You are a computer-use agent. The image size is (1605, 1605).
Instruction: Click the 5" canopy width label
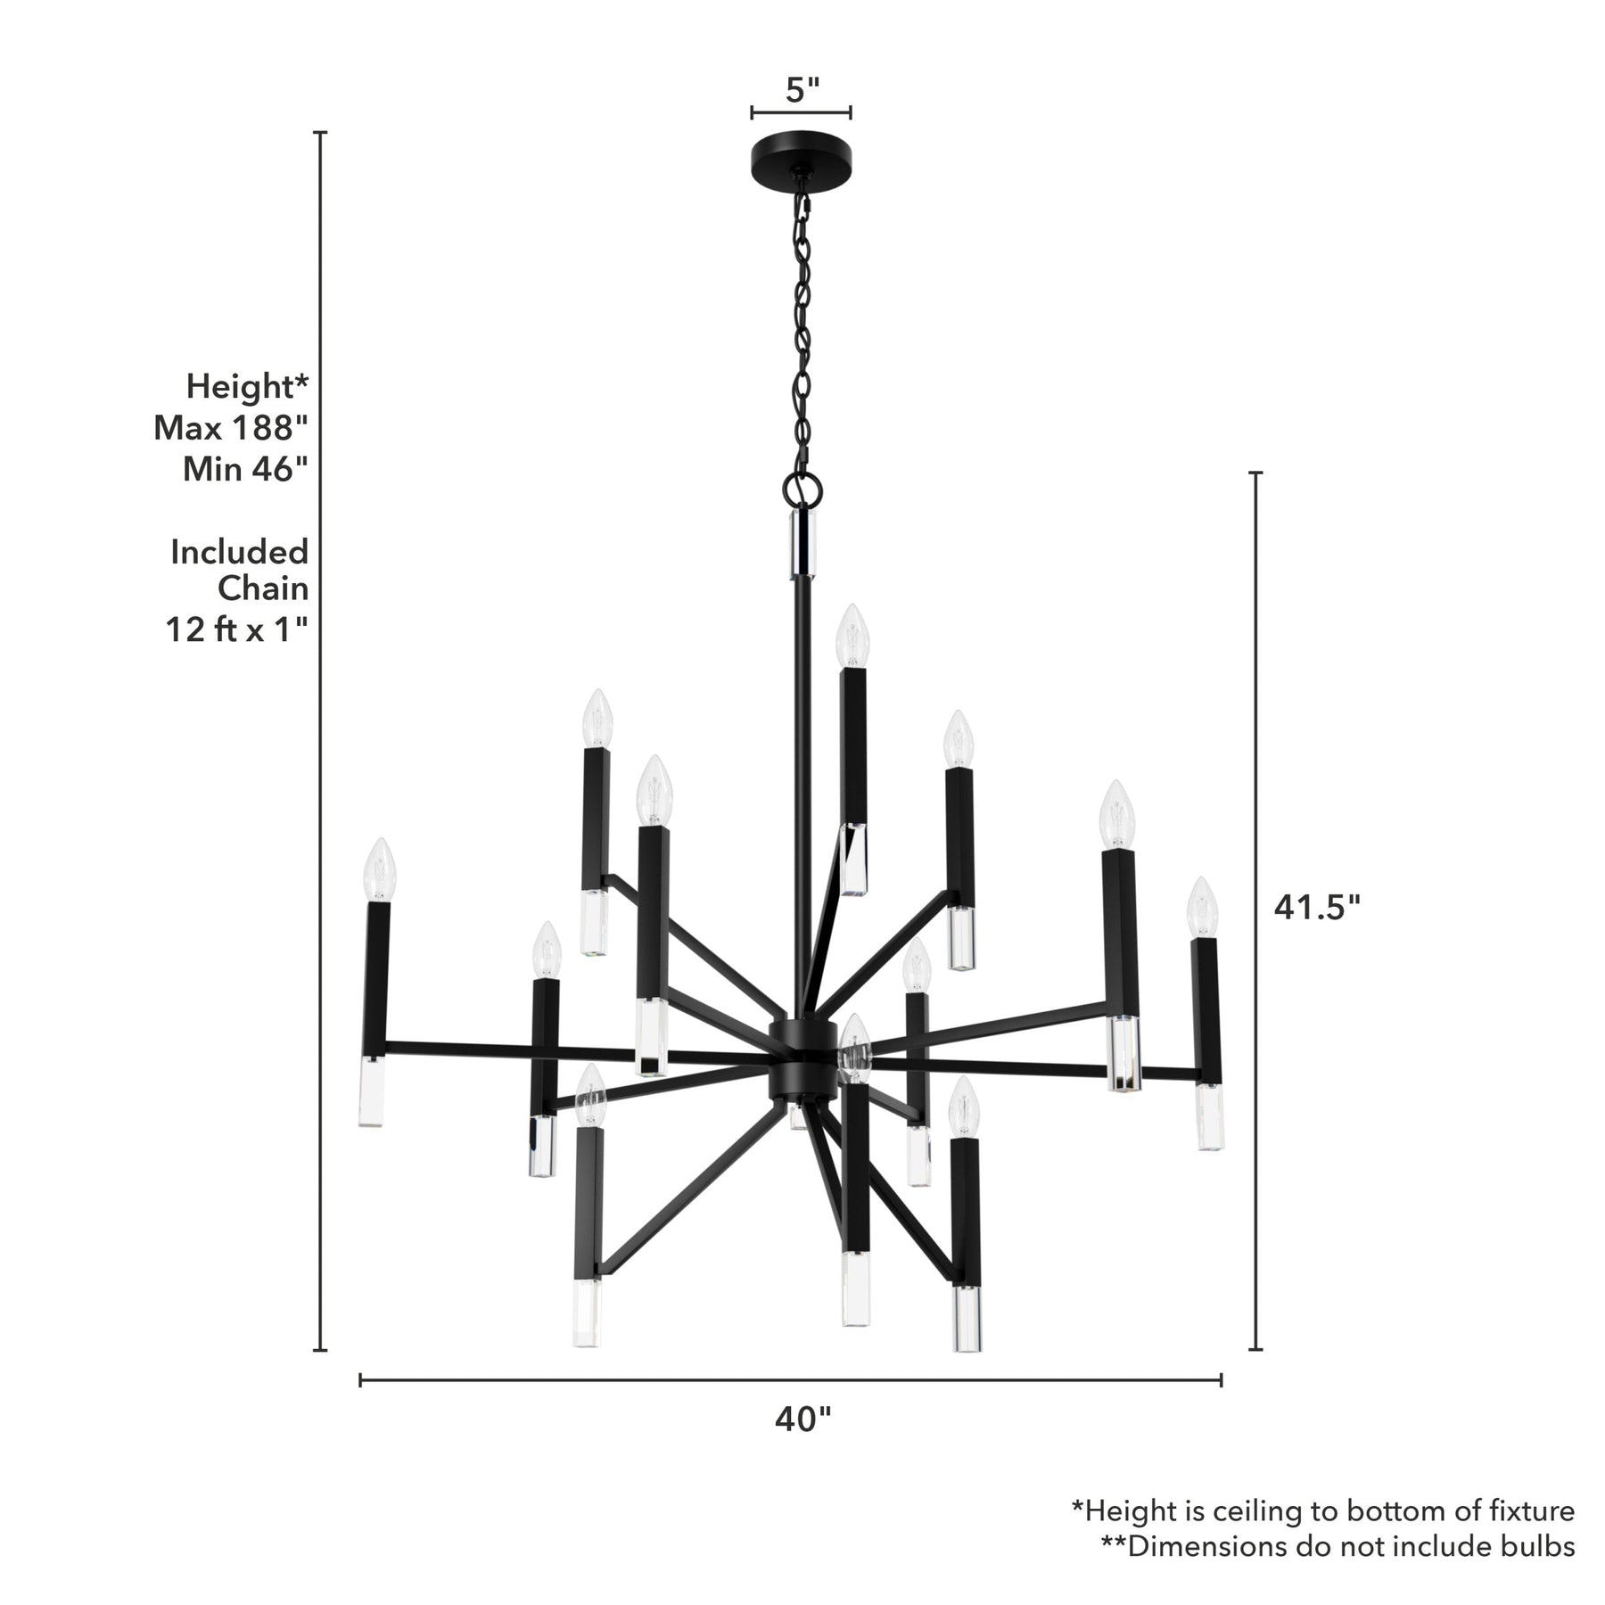coord(802,90)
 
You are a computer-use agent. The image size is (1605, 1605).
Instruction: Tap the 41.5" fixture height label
coord(1316,907)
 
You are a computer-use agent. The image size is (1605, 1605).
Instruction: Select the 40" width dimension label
coord(802,1444)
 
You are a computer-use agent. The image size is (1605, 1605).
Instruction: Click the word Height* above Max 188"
coord(247,388)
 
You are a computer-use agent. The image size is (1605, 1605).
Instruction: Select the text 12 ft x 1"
coord(237,630)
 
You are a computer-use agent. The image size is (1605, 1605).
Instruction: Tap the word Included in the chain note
coord(239,552)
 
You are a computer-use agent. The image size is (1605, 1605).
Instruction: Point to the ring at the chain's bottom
coord(801,488)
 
